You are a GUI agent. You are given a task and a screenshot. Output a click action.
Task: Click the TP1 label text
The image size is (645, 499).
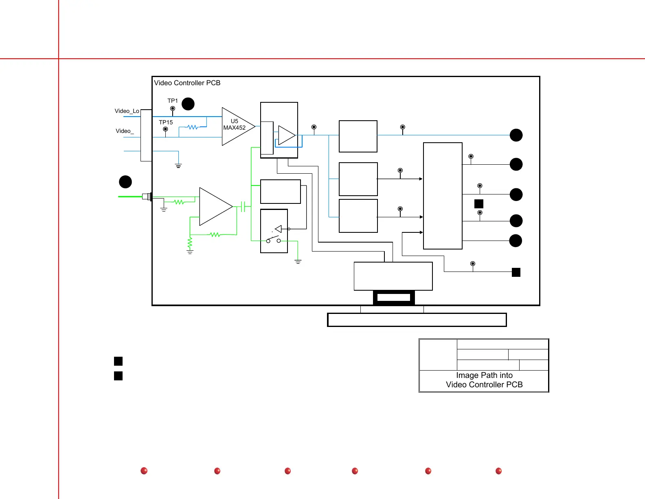(173, 101)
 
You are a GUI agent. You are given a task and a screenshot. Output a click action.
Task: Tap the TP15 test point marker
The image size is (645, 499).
(165, 129)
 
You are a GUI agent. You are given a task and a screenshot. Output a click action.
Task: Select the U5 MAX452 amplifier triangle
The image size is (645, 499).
(236, 126)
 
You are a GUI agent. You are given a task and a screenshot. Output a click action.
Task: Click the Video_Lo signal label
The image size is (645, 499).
(127, 111)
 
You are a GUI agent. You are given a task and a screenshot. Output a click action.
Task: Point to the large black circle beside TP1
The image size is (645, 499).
(188, 104)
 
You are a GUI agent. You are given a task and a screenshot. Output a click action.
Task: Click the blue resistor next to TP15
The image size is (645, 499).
(193, 127)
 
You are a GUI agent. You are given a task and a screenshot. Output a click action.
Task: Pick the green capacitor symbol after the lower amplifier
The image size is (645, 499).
(243, 207)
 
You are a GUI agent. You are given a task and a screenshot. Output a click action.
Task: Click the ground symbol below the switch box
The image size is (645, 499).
(298, 262)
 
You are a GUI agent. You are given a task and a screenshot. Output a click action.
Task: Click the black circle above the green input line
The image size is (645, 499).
(125, 182)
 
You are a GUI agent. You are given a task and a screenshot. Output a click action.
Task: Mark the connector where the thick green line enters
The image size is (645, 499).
(147, 197)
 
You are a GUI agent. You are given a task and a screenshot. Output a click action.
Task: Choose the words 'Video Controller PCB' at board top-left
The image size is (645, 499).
(187, 83)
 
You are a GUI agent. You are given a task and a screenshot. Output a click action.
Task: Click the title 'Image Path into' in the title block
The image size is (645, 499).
(484, 375)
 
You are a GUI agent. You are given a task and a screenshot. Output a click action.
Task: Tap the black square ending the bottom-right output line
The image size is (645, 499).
(516, 272)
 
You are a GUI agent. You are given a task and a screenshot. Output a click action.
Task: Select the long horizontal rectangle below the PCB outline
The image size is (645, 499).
(417, 320)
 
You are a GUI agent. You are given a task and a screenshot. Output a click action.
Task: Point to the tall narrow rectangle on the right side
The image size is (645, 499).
(443, 196)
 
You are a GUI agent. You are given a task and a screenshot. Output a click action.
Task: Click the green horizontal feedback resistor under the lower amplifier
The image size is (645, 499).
(215, 234)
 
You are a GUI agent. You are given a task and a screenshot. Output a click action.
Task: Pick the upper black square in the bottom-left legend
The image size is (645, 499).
(118, 361)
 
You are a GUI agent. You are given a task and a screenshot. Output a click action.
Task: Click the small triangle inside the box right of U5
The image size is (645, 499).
(286, 135)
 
